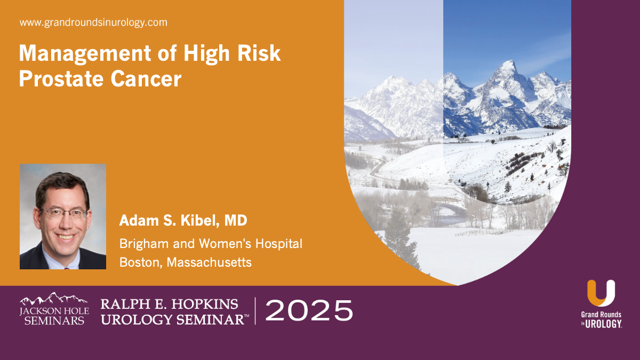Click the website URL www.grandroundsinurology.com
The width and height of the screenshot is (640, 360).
[x=93, y=23]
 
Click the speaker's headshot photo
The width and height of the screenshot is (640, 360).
[x=63, y=217]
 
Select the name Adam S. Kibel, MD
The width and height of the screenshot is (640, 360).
[x=183, y=221]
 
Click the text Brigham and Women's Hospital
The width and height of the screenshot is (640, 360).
[x=211, y=244]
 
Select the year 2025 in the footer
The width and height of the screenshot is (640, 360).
[x=309, y=310]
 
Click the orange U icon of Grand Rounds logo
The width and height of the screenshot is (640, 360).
[x=601, y=293]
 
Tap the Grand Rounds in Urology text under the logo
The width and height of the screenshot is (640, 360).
[x=601, y=318]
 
